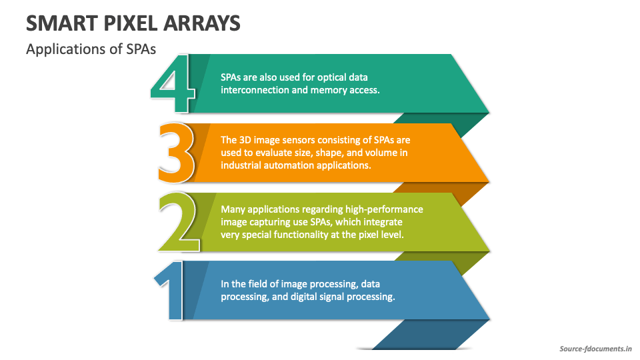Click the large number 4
pos(173,85)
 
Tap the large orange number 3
pos(176,153)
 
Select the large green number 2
pos(179,223)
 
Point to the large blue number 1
pos(171,293)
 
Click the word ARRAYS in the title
pos(203,23)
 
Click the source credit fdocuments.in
pos(595,349)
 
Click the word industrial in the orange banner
pos(241,165)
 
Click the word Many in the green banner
pos(233,209)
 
